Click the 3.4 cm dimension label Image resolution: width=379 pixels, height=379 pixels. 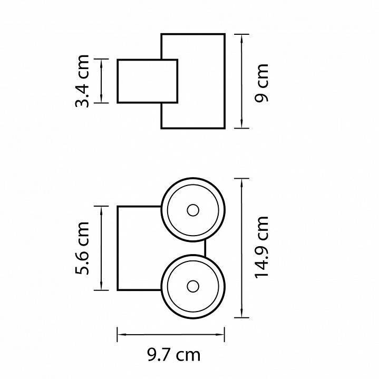[83, 81]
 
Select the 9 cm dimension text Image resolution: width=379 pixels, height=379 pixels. [260, 82]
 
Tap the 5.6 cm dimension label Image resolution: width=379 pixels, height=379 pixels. [83, 248]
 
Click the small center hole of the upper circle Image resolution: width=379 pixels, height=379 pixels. [192, 210]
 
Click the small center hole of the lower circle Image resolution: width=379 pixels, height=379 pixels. [192, 286]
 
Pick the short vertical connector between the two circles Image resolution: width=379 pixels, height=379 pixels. [205, 248]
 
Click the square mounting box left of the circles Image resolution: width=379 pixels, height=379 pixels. [138, 248]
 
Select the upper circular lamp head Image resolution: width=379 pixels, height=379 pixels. [193, 210]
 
